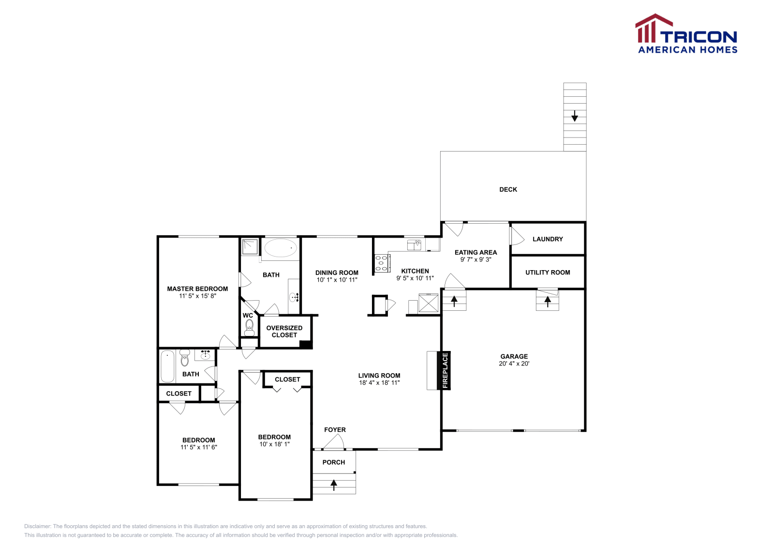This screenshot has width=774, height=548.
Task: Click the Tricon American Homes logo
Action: click(686, 34)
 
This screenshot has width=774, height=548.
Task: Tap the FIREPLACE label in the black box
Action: click(445, 371)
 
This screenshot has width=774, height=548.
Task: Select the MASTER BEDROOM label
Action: click(197, 289)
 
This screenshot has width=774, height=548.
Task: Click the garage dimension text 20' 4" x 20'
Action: click(514, 364)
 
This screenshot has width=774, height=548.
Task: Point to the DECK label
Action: click(508, 190)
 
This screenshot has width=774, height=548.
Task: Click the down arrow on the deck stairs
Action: click(575, 116)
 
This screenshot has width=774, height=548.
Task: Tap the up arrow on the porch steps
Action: click(334, 485)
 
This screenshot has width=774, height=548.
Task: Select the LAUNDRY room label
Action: click(548, 239)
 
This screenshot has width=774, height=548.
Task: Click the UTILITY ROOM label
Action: click(548, 273)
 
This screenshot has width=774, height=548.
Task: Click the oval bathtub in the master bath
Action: click(280, 248)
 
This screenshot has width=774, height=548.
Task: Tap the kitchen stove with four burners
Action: click(382, 263)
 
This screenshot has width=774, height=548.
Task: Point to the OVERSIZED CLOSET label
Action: click(284, 332)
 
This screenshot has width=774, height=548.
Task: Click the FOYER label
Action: click(335, 430)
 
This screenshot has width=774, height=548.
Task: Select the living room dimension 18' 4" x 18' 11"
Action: click(379, 383)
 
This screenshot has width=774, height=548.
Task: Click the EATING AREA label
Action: click(476, 253)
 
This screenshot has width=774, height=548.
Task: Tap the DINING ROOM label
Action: click(337, 273)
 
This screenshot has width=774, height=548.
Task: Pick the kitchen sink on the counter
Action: click(414, 245)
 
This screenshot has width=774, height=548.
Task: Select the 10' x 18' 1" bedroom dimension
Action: click(274, 444)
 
